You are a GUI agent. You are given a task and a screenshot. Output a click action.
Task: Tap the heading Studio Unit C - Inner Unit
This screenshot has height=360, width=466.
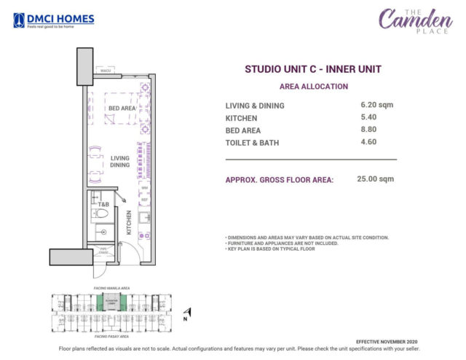coord(311,69)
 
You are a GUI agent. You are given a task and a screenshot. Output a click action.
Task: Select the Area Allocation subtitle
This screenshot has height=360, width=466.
coord(311,85)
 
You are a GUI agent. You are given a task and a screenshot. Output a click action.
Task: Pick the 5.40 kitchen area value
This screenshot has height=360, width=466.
coord(367,117)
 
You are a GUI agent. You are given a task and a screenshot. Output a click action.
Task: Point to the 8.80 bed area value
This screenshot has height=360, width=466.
coord(367,130)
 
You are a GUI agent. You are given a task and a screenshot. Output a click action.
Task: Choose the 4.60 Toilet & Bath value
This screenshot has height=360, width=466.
coord(367,142)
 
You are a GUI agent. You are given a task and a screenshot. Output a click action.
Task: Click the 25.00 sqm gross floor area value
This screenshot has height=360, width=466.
coord(376,179)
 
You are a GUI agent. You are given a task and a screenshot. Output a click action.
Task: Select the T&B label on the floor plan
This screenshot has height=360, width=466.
coord(103,205)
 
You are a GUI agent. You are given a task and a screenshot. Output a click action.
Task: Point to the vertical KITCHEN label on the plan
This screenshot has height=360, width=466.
coord(128,222)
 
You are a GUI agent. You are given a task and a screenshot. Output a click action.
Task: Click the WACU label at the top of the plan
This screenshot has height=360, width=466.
coord(106,71)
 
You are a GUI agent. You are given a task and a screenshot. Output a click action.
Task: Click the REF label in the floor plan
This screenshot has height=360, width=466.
coord(144,199)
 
